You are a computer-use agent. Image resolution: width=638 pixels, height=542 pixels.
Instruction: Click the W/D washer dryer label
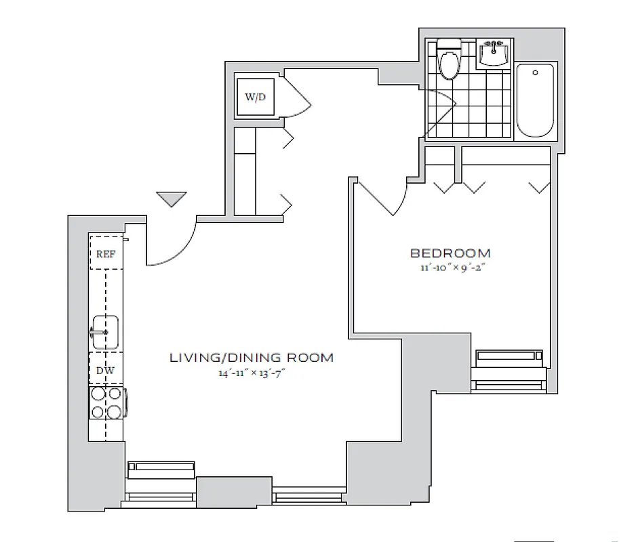coord(256,98)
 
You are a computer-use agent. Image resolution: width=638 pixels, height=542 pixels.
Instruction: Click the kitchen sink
coord(104,332)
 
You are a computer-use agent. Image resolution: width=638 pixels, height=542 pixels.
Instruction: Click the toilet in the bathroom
coord(448,62)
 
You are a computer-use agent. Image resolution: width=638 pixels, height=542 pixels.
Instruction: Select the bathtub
coord(535,100)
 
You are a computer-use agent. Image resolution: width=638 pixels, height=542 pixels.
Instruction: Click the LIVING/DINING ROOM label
coord(251,357)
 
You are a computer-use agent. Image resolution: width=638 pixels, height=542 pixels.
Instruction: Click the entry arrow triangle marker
coord(171,199)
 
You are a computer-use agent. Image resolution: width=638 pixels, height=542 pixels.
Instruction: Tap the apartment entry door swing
coord(174,244)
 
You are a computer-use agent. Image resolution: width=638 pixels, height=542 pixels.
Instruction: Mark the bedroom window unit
coord(509,357)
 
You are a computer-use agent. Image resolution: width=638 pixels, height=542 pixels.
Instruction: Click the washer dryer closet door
coord(296,95)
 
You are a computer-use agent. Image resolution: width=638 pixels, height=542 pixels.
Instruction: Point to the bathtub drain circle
coord(535,72)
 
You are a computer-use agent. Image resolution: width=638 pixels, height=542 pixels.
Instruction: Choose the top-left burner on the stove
coord(98,393)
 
